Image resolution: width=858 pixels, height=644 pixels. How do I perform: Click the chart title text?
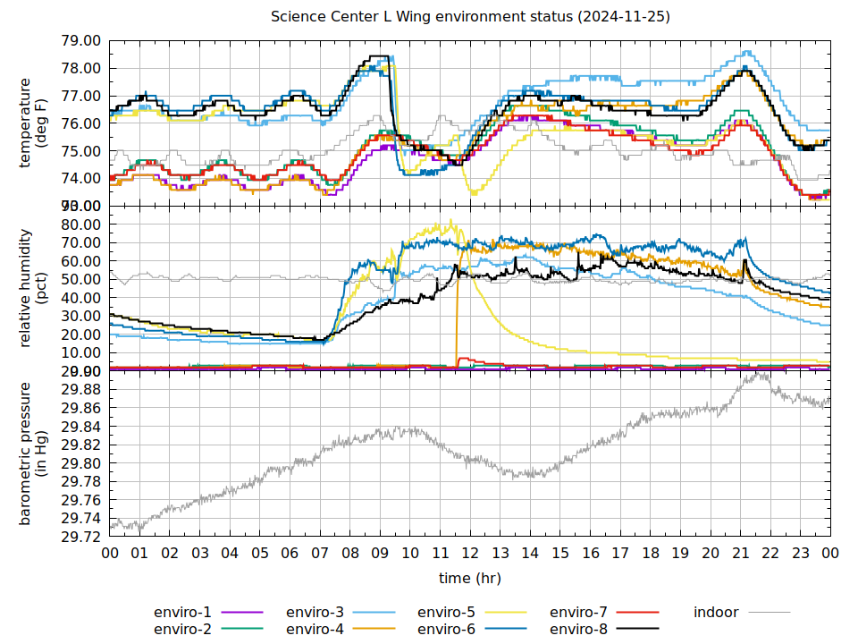point(470,17)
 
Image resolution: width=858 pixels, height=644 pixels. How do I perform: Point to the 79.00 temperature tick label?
point(81,41)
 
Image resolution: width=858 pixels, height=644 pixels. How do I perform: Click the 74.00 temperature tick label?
point(81,179)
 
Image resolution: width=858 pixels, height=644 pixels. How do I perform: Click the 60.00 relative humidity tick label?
point(81,261)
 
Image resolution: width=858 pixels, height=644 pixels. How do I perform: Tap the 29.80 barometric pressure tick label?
point(81,463)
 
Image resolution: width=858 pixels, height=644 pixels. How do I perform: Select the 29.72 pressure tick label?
point(81,537)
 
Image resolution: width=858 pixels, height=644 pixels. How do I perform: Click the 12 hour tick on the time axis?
point(470,553)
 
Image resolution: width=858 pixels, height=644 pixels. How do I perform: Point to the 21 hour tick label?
point(741,553)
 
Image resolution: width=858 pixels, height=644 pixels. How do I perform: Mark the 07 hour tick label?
point(320,553)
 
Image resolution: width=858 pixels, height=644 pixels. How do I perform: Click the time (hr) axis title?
point(470,578)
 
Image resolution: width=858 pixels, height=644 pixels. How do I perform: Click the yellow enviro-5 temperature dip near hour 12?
point(473,193)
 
